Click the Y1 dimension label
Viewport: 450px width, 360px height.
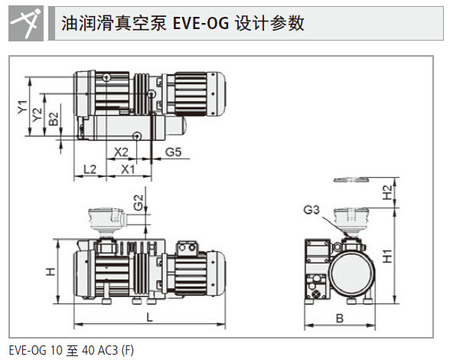tap(22, 107)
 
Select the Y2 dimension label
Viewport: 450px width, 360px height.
tap(37, 115)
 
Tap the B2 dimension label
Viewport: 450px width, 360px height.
tap(54, 119)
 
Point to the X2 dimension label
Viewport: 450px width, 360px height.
tap(121, 152)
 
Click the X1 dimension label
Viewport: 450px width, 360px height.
tap(128, 169)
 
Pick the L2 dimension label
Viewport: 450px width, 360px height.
tap(90, 169)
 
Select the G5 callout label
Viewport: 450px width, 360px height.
tap(173, 152)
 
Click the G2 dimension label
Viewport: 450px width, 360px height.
tap(139, 202)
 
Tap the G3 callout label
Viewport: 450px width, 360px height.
tap(311, 210)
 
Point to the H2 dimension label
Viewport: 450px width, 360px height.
tap(387, 192)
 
